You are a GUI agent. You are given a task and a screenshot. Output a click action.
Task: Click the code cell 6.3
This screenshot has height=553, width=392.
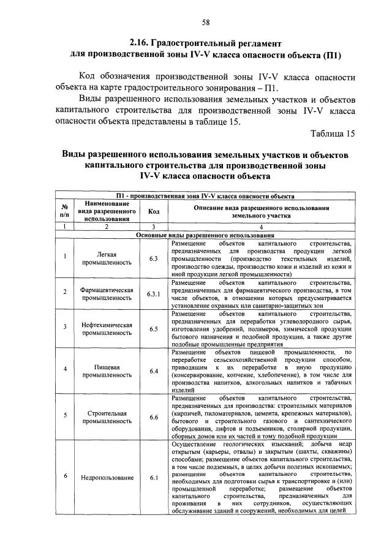153,258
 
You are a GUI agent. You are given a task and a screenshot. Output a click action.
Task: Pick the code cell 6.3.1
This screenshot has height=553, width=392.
153,294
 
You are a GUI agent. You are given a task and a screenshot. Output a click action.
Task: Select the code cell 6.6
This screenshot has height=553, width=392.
153,418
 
